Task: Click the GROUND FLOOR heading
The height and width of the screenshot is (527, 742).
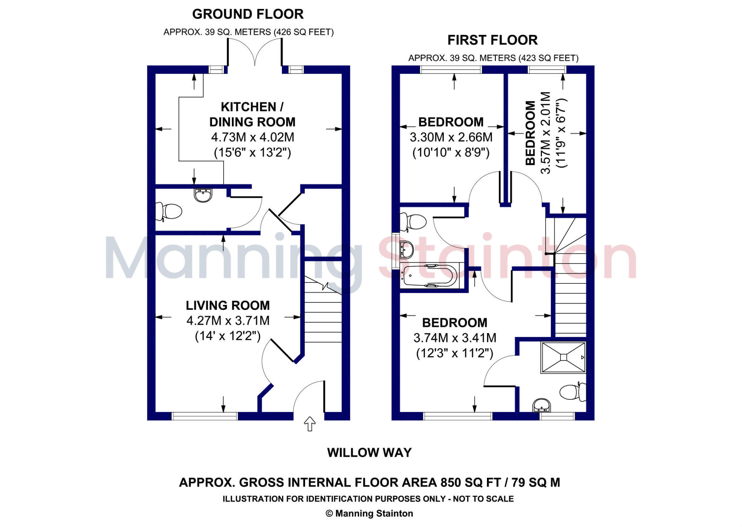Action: tap(248, 14)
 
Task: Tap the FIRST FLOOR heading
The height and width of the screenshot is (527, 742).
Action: tap(492, 40)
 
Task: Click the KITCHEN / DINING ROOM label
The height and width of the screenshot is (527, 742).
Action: tap(252, 114)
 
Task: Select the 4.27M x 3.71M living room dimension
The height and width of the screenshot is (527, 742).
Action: tap(228, 321)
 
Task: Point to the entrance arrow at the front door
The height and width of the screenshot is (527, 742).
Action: tap(309, 423)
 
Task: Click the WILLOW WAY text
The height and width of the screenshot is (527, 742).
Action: tap(369, 453)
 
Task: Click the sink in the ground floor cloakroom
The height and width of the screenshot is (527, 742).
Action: tap(203, 195)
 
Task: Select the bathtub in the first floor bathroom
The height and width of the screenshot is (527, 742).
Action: tap(430, 276)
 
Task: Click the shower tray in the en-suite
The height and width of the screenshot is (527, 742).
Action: tap(563, 357)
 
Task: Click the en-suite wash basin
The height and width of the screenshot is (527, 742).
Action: tap(542, 405)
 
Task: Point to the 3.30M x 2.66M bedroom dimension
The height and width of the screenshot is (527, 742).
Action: tap(451, 137)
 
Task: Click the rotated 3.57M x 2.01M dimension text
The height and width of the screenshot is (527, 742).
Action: tap(546, 133)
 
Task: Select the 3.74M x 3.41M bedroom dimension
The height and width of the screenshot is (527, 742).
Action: tap(455, 338)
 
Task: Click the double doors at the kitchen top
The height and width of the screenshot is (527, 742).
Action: tap(255, 53)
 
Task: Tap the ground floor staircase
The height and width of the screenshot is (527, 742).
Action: tap(323, 312)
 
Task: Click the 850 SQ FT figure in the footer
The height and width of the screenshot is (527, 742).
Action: tap(471, 482)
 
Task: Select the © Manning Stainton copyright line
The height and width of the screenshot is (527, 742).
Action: tap(369, 513)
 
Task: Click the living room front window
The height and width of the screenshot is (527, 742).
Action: tap(204, 416)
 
